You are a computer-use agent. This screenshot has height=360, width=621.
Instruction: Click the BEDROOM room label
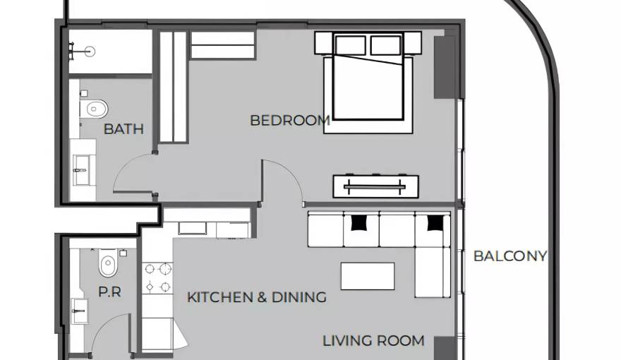pos(290,121)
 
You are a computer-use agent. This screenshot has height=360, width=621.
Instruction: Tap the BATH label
pos(123,129)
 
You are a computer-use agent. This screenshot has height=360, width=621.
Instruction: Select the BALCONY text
pos(510,256)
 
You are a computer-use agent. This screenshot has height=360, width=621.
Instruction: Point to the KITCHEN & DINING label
pos(257,297)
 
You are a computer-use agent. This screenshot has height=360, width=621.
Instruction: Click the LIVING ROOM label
pos(373,341)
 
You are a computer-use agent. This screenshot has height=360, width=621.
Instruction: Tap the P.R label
pos(109,292)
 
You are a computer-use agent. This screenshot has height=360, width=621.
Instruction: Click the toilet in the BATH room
pos(94,109)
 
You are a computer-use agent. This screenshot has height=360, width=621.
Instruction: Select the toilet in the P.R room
pos(108,263)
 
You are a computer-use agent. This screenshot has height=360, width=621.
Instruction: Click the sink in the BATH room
pos(82,170)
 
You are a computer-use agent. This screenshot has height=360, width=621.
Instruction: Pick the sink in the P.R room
pos(80,311)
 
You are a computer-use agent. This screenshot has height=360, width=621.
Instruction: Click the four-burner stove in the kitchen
pos(157,278)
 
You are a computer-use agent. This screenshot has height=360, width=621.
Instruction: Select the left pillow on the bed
pos(350,45)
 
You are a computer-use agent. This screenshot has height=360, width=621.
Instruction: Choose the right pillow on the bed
pos(386,45)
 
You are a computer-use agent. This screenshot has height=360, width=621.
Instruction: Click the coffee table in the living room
pos(368,276)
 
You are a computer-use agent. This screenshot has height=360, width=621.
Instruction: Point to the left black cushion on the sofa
pos(360,222)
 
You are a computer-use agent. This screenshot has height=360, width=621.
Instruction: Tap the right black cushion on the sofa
pos(435,222)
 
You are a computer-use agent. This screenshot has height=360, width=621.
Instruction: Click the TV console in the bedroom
pos(376,186)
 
